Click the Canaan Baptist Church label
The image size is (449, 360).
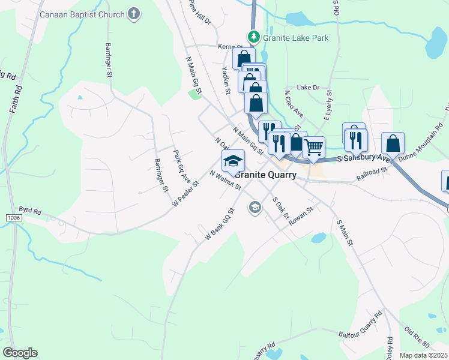pyautogui.click(x=82, y=14)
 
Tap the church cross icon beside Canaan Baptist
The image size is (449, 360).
pyautogui.click(x=134, y=14)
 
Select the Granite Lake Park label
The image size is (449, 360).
pyautogui.click(x=295, y=38)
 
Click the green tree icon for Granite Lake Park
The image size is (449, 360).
pyautogui.click(x=254, y=37)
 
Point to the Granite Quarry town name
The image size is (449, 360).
pyautogui.click(x=265, y=175)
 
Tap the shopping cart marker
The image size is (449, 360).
pyautogui.click(x=313, y=146)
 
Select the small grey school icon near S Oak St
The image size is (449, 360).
pyautogui.click(x=255, y=208)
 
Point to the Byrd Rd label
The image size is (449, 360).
pyautogui.click(x=29, y=211)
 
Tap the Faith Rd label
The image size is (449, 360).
pyautogui.click(x=16, y=100)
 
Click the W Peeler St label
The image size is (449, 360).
pyautogui.click(x=185, y=191)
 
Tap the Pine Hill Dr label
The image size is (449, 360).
pyautogui.click(x=200, y=13)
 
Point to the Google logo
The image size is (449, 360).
pyautogui.click(x=20, y=353)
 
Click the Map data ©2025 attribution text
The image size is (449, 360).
pyautogui.click(x=423, y=355)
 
